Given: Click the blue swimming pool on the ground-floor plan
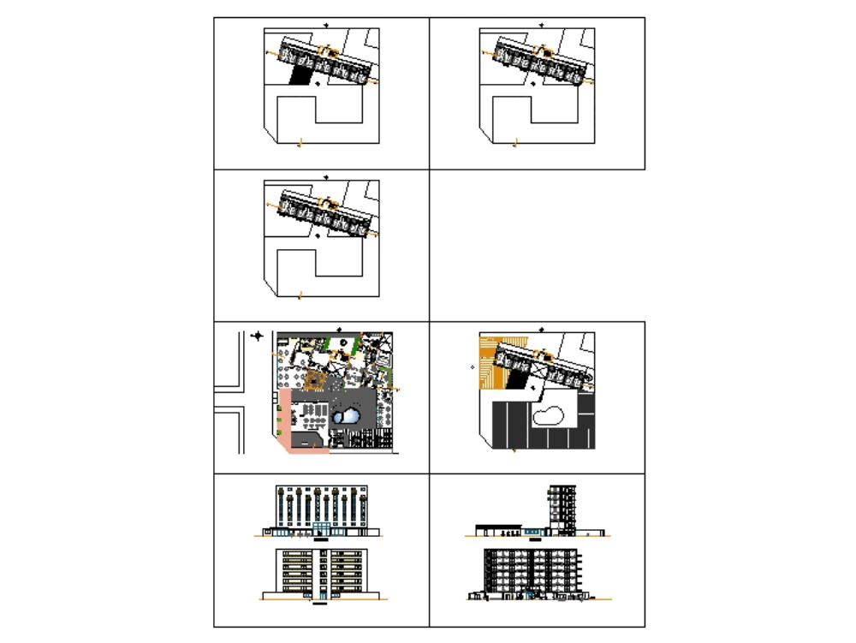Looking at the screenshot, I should coord(348,416).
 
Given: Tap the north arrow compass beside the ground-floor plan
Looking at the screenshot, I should coord(257,336).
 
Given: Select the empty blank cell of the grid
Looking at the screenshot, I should coord(537,245).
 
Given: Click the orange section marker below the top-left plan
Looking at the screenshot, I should coord(299,146).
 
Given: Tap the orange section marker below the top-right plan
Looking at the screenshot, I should coord(515,146).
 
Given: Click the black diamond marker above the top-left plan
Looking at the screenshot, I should coord(326,24).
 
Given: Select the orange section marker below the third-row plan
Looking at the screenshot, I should coord(299,297).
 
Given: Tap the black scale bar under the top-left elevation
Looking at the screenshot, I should coord(321,541).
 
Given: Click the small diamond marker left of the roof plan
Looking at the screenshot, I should coord(473,366).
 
